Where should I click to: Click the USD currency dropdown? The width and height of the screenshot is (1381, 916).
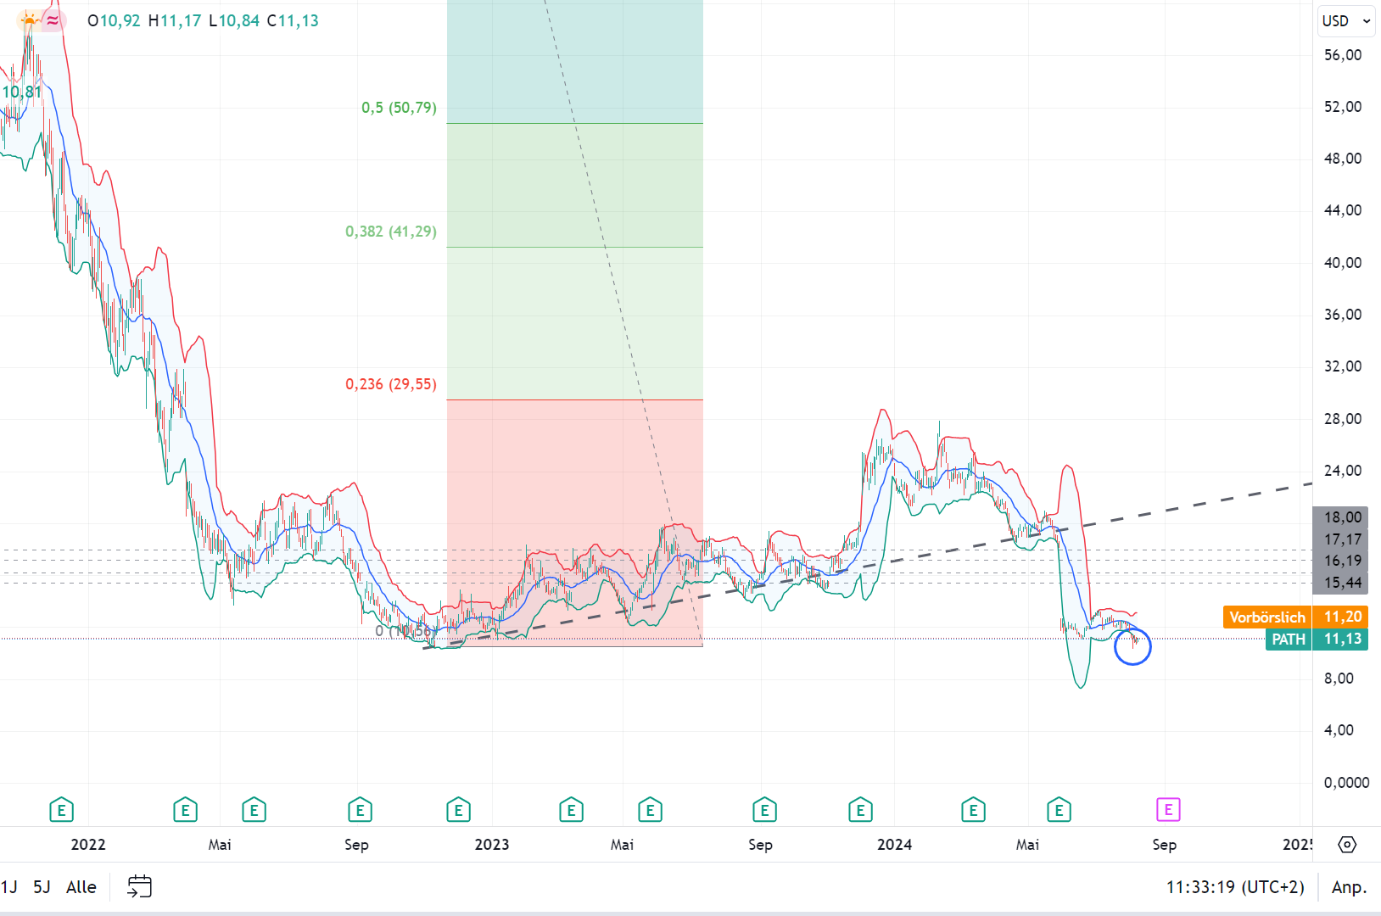tap(1345, 21)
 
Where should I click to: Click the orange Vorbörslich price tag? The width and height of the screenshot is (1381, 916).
tap(1267, 617)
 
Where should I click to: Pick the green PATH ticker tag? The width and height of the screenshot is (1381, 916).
tap(1288, 640)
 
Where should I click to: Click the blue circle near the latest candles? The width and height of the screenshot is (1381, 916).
tap(1132, 647)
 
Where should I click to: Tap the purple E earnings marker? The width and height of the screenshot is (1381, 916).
tap(1168, 810)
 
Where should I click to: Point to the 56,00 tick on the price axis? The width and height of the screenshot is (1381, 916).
tap(1343, 55)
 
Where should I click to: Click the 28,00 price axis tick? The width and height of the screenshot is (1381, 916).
tap(1343, 419)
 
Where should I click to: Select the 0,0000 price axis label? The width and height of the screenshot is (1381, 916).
tap(1346, 783)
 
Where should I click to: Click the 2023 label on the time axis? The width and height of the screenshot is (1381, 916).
tap(492, 845)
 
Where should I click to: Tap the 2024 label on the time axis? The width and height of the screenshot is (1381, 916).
tap(894, 845)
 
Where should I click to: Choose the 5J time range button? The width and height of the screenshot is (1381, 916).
tap(42, 887)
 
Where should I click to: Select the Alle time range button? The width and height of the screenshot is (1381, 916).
tap(81, 887)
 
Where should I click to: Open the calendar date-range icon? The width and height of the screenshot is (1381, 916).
tap(139, 887)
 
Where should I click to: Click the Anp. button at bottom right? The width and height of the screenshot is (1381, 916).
tap(1349, 887)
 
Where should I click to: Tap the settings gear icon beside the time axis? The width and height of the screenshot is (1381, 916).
tap(1347, 845)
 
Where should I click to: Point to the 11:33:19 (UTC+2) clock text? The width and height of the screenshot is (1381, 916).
tap(1235, 887)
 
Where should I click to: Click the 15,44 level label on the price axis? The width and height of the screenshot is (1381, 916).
tap(1343, 583)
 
